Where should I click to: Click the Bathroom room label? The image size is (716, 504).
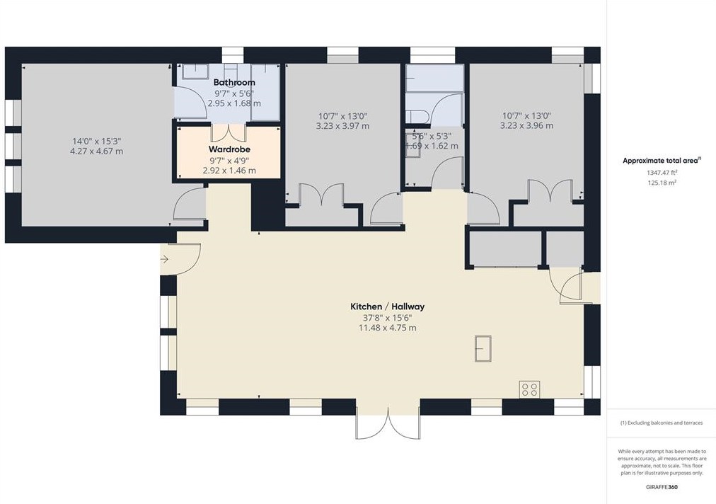pos(234,82)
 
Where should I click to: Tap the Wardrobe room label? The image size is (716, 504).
pos(229,149)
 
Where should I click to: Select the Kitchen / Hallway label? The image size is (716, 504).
pos(387,307)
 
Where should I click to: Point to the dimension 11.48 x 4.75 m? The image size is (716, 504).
pos(387,328)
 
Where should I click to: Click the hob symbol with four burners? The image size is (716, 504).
pos(529,389)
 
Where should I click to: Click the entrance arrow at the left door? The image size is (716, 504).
pos(164,260)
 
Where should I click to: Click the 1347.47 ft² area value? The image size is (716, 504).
pos(661,172)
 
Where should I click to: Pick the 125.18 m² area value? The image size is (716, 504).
pos(661,182)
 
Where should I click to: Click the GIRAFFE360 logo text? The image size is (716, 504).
pos(661,488)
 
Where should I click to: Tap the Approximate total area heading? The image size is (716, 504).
pos(661,161)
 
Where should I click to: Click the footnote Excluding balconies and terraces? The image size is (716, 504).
pos(661,423)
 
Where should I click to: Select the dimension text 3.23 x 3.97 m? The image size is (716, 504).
pos(343,126)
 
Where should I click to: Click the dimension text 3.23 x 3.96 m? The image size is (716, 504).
pos(526,125)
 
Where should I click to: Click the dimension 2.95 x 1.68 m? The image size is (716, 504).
pos(234,103)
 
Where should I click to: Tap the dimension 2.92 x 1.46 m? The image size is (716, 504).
pos(229,171)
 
